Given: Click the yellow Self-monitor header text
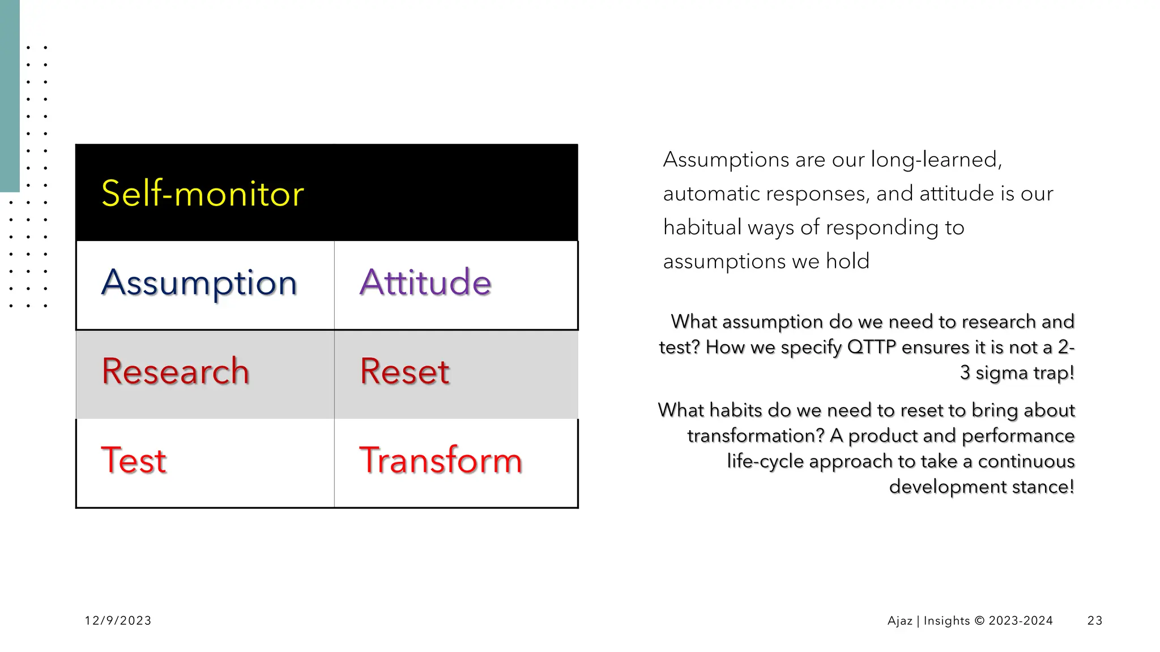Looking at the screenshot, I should [x=202, y=194].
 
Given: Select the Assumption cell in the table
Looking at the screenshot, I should [x=199, y=282].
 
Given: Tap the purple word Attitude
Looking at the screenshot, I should [x=425, y=282].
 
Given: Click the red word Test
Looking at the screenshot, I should [x=134, y=460].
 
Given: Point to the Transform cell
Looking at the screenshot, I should [x=441, y=460].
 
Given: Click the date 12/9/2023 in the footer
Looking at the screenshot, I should [x=118, y=621].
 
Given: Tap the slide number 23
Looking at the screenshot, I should [x=1095, y=621].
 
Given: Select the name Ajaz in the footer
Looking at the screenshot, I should [x=899, y=621].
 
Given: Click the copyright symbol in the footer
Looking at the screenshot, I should [x=979, y=621].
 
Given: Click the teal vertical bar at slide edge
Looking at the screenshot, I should [x=10, y=96].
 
